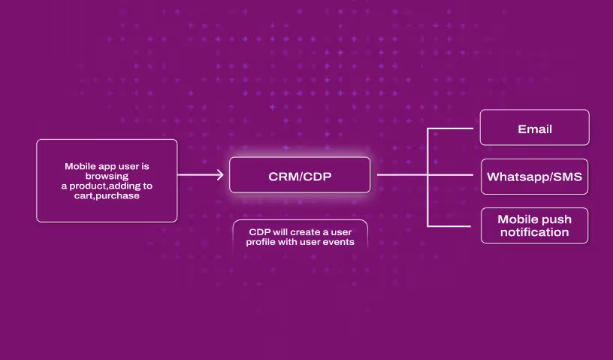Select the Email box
coord(534,127)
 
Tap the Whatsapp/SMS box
coord(534,177)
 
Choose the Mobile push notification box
coord(534,225)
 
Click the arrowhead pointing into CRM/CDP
coord(219,175)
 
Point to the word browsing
coord(107,176)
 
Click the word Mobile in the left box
coord(79,167)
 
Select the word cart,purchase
coord(107,195)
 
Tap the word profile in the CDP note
coord(261,242)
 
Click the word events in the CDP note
coord(340,242)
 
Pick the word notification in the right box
coord(534,232)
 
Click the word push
coord(555,219)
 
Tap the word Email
coord(534,129)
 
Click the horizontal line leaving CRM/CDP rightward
coord(402,175)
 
